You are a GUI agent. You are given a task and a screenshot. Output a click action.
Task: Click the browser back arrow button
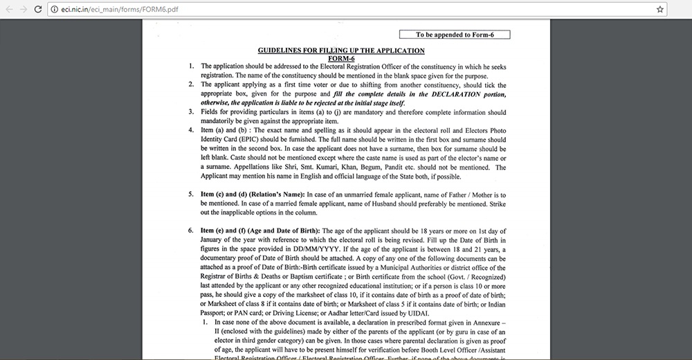click(9, 9)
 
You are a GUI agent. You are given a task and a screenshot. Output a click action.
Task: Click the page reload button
click(40, 9)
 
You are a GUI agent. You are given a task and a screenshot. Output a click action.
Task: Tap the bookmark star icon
click(660, 9)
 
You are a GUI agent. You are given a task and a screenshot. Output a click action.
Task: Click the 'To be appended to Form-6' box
click(454, 35)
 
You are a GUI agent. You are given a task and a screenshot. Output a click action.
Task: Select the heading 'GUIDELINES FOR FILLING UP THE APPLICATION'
click(341, 51)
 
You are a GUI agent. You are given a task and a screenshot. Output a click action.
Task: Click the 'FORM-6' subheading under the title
click(341, 58)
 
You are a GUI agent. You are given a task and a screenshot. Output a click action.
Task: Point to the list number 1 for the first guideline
click(192, 66)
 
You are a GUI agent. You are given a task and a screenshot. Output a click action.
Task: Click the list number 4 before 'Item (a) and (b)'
click(192, 130)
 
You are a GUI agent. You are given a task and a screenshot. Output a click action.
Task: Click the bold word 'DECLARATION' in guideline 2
click(441, 93)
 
